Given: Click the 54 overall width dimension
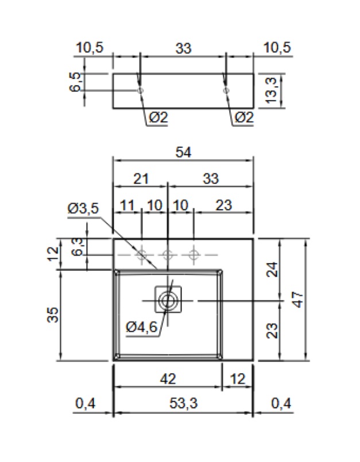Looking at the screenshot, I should tap(183, 152).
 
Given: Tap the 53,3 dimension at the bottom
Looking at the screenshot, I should tap(183, 404).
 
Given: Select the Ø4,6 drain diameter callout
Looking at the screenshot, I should tap(141, 327).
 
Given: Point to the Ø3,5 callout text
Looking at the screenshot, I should tap(83, 209).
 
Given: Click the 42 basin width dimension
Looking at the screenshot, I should tap(168, 379).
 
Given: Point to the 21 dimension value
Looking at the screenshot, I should tap(141, 178).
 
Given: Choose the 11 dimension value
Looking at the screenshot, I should tap(127, 205).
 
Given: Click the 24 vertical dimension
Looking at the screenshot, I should tap(273, 269).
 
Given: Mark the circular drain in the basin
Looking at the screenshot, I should tap(168, 300).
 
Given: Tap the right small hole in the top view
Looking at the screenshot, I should tap(226, 91).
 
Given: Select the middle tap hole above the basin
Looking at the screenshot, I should tap(168, 254).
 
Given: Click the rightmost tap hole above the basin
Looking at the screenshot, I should tap(194, 254).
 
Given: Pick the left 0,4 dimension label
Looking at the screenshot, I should tap(85, 404).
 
